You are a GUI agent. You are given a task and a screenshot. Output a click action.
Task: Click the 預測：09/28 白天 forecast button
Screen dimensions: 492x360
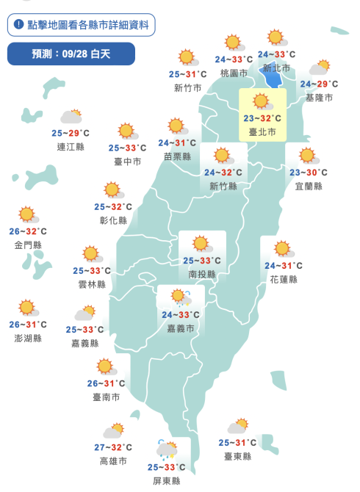coord(71,54)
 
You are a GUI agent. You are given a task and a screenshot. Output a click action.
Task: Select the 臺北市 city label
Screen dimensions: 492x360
coord(262,132)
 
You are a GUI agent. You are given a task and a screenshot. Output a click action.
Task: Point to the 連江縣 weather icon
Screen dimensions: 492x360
coord(71,117)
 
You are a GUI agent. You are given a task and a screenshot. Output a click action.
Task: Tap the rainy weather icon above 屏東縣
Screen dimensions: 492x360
coord(167,449)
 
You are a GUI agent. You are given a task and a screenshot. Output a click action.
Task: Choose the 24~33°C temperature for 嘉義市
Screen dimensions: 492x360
coord(181,315)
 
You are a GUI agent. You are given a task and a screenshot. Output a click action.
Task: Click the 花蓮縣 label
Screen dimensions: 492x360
coord(284,279)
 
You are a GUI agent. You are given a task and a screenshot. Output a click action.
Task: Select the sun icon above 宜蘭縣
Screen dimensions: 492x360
coord(307,156)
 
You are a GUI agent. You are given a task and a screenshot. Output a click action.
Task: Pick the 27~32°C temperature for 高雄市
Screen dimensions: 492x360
coord(113,447)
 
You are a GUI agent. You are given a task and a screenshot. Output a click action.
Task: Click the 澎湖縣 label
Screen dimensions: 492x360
coord(28,338)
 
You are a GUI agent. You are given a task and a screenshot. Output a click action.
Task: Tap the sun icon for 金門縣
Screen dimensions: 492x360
coord(28,214)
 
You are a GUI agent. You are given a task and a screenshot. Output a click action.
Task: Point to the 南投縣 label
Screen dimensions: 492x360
coord(202,274)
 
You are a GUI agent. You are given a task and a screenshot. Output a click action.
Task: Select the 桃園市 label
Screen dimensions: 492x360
coord(234,73)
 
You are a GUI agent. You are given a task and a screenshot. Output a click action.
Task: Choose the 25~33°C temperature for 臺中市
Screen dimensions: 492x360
coord(128,148)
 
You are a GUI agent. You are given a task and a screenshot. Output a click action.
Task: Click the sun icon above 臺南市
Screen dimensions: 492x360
coord(105,366)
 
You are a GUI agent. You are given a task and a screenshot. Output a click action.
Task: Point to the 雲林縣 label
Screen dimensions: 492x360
coord(92,283)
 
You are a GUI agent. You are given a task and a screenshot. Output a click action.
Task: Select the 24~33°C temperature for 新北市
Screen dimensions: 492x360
coord(277,54)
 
